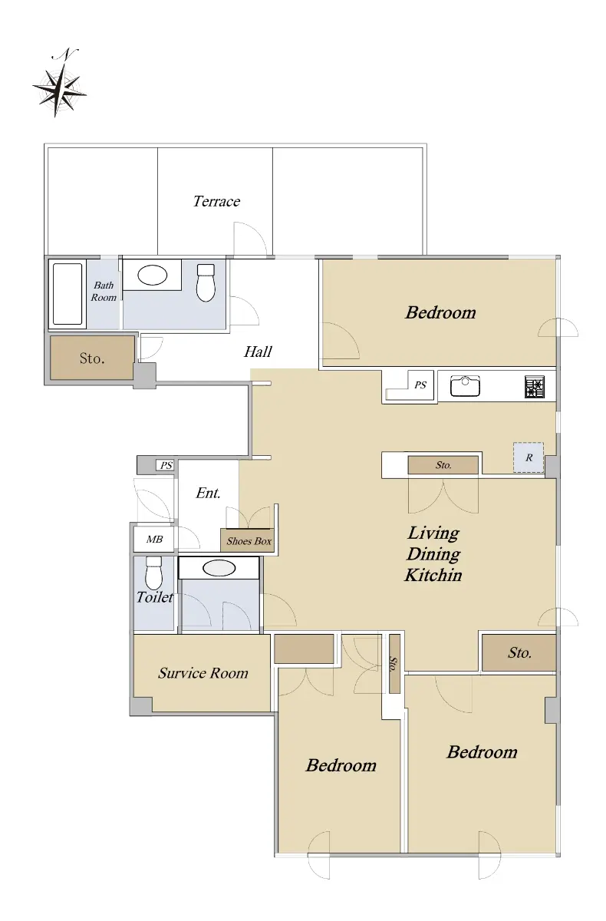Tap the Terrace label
(x=216, y=201)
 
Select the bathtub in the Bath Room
(x=68, y=293)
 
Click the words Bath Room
(x=104, y=291)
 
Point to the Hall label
(x=258, y=352)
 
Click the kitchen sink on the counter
(x=465, y=385)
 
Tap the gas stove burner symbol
(x=535, y=387)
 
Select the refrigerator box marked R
(x=529, y=457)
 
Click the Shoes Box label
(x=249, y=541)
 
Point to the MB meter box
(x=154, y=539)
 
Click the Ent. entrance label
(x=208, y=493)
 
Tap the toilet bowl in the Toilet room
(x=153, y=573)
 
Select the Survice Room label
(x=203, y=672)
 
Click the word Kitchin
(x=433, y=575)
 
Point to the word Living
(x=433, y=533)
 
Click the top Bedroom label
(x=440, y=312)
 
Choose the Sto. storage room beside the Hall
(x=92, y=358)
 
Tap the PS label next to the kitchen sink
(x=420, y=385)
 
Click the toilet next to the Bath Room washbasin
(x=206, y=282)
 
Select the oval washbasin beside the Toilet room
(x=219, y=568)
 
